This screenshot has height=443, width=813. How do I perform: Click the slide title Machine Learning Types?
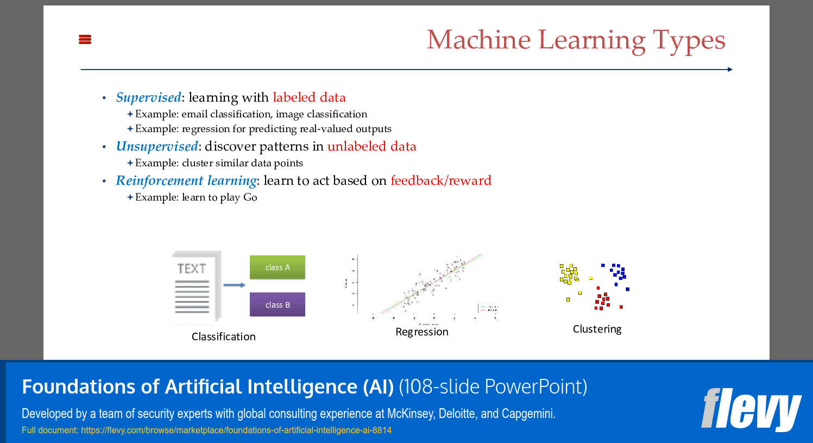pyautogui.click(x=576, y=40)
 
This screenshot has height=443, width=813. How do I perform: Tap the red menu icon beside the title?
pyautogui.click(x=85, y=39)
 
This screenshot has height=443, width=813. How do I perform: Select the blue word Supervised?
pyautogui.click(x=148, y=97)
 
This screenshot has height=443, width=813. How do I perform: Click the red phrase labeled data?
pyautogui.click(x=309, y=97)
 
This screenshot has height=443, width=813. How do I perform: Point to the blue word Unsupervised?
pyautogui.click(x=157, y=146)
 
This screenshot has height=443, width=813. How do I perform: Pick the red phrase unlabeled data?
pyautogui.click(x=371, y=146)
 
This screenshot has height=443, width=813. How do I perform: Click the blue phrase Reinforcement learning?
pyautogui.click(x=186, y=180)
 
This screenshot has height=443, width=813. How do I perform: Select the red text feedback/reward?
pyautogui.click(x=440, y=180)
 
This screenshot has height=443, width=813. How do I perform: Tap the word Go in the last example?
pyautogui.click(x=250, y=197)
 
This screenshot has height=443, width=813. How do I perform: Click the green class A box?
pyautogui.click(x=278, y=267)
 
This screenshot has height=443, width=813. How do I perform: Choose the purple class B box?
pyautogui.click(x=278, y=304)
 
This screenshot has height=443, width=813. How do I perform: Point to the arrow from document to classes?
pyautogui.click(x=234, y=285)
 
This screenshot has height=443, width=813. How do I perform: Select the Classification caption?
pyautogui.click(x=223, y=336)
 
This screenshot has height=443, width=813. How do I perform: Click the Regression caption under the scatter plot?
pyautogui.click(x=421, y=332)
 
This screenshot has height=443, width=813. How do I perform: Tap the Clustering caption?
pyautogui.click(x=597, y=329)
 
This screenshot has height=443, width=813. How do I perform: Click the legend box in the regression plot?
pyautogui.click(x=488, y=308)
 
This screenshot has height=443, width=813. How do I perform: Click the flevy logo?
pyautogui.click(x=751, y=409)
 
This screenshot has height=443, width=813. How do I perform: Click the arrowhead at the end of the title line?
pyautogui.click(x=730, y=70)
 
